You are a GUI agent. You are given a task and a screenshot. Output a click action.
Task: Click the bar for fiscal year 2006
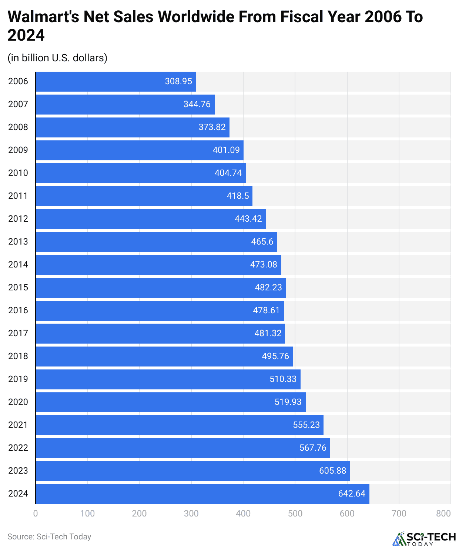click(x=116, y=82)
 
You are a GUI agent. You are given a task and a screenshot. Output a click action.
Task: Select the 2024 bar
click(x=202, y=494)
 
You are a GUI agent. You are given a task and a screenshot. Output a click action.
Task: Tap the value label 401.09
click(x=226, y=150)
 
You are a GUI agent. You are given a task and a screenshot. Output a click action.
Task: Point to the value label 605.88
click(x=332, y=471)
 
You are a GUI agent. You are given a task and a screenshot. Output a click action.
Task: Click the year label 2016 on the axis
click(x=18, y=310)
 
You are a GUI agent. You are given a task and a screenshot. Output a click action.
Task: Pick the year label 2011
click(x=18, y=196)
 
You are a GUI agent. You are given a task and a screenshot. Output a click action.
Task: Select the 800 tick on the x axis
click(x=443, y=514)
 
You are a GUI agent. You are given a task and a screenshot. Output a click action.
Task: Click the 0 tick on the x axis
click(x=36, y=514)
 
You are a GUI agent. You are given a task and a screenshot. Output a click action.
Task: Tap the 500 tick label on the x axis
click(x=295, y=514)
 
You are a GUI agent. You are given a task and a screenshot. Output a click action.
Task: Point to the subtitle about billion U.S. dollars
click(x=57, y=58)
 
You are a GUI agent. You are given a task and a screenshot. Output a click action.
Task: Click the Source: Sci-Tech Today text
click(x=49, y=537)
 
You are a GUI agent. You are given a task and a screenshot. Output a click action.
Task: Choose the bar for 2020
click(x=171, y=402)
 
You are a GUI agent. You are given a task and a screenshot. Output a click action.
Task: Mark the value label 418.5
click(x=238, y=196)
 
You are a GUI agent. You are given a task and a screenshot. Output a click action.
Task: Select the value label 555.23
click(x=306, y=425)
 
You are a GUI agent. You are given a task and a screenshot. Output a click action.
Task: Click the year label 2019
click(x=18, y=379)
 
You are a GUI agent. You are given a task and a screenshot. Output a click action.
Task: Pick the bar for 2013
click(x=156, y=242)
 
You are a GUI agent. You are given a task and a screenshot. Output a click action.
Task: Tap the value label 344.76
click(x=197, y=104)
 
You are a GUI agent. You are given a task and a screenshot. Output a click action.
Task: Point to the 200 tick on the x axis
click(x=139, y=514)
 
